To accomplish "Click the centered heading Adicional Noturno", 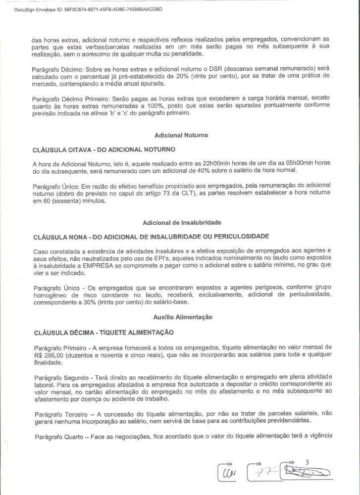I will tap(181, 135).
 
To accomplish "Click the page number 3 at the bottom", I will tap(307, 462).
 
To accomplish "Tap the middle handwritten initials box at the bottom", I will tap(261, 474).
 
